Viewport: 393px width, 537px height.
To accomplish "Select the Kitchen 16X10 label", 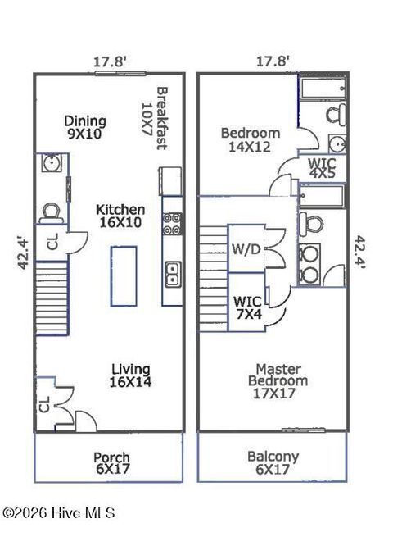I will click(x=120, y=216).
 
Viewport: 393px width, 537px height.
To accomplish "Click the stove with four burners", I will click(x=172, y=224).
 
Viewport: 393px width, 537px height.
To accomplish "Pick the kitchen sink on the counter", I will click(x=172, y=273).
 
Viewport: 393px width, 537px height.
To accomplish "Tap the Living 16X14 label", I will click(x=130, y=375).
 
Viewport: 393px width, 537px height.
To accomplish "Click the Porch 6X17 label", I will click(x=111, y=463).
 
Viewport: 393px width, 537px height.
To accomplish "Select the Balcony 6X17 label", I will click(x=273, y=463).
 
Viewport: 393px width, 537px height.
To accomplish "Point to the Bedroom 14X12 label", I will click(x=250, y=139).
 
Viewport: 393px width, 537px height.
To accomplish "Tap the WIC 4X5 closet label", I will click(x=320, y=168).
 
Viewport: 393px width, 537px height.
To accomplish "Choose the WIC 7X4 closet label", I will click(x=248, y=307).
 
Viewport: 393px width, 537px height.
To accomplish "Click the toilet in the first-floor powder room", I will click(x=51, y=212).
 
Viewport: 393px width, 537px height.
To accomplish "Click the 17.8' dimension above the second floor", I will click(x=271, y=61).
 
